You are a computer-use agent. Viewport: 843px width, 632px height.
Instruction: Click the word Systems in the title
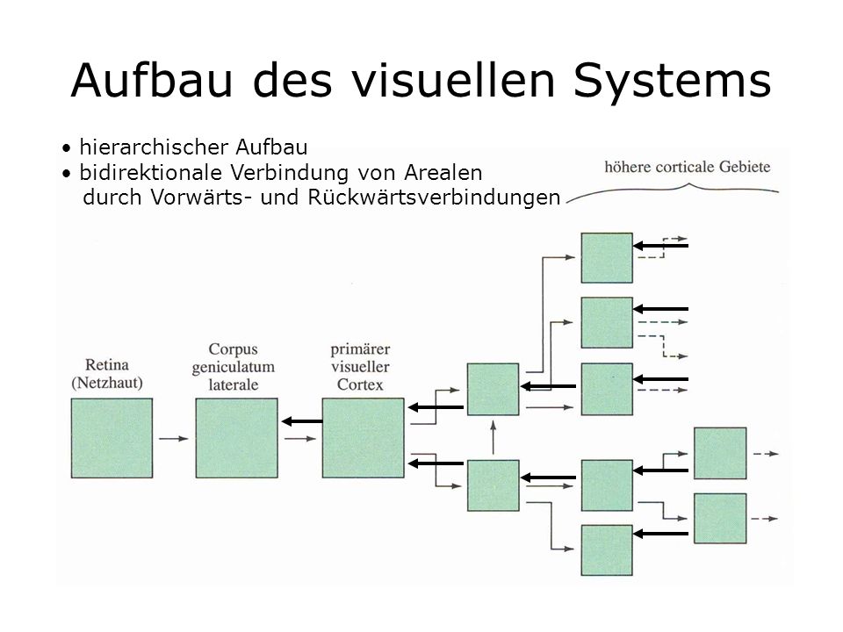click(x=672, y=81)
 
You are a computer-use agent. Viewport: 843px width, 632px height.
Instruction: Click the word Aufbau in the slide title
click(x=152, y=80)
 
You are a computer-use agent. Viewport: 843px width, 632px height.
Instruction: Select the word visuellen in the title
click(x=453, y=80)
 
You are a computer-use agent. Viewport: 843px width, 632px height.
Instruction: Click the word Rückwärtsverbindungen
click(x=435, y=197)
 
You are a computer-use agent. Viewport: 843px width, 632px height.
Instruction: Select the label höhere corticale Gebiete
click(x=687, y=167)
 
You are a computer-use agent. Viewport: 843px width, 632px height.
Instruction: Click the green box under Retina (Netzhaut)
click(x=112, y=438)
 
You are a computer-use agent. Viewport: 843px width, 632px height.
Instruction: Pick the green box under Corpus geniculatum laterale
click(x=236, y=438)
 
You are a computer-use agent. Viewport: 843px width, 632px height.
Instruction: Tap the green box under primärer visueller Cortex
click(x=363, y=438)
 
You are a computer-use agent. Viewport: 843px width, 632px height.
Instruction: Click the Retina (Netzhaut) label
click(x=107, y=374)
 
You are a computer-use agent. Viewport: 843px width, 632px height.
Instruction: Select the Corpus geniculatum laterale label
click(x=234, y=367)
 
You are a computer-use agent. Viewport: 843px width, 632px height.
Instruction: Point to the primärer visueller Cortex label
click(x=360, y=367)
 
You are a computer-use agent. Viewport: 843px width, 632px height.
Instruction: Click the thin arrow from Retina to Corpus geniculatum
click(x=174, y=439)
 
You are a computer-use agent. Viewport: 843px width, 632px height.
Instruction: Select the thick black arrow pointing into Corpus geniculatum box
click(x=301, y=421)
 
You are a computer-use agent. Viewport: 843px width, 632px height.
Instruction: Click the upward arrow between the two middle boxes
click(x=493, y=438)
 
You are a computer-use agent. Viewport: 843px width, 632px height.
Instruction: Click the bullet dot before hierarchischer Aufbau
click(x=66, y=147)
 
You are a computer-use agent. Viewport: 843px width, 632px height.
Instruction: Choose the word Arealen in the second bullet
click(x=443, y=173)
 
